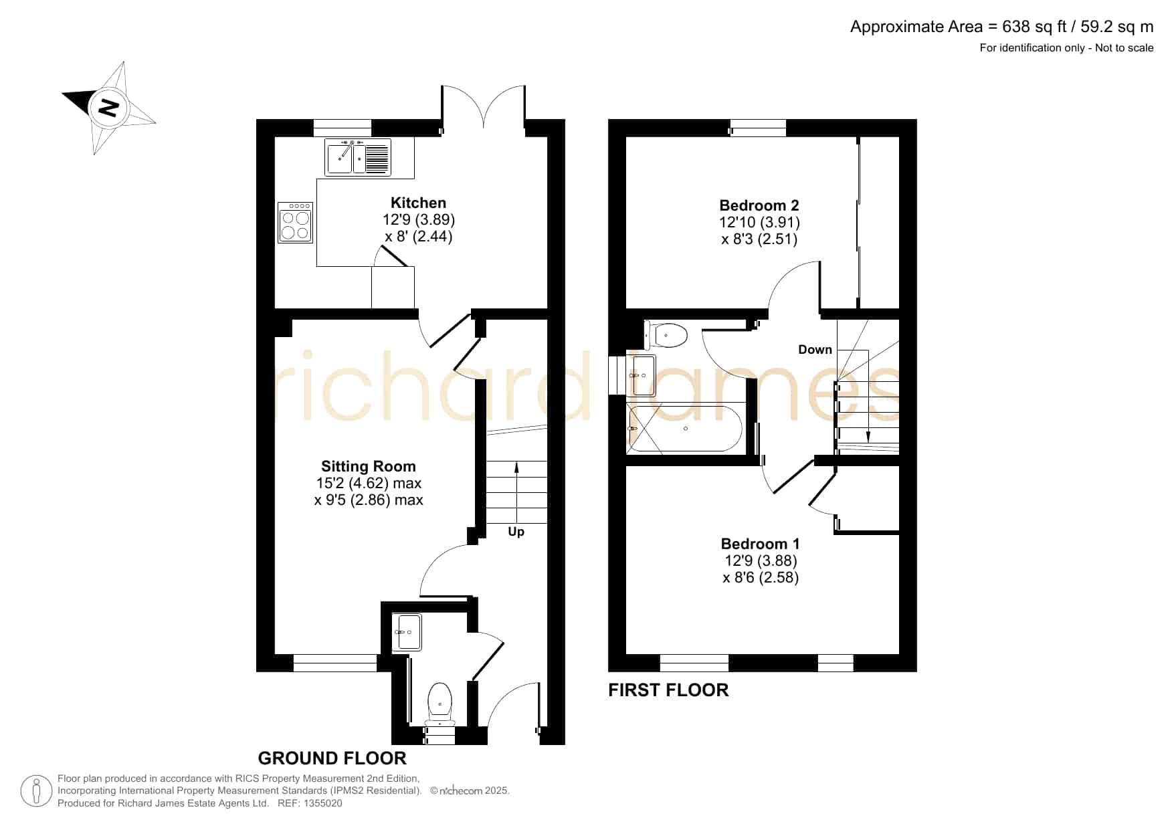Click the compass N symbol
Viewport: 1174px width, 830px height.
(108, 108)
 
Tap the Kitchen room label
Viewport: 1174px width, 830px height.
(418, 203)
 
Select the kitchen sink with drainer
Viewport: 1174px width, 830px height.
(358, 158)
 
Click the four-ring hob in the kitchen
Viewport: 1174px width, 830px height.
(295, 223)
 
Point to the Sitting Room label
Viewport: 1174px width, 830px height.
(369, 466)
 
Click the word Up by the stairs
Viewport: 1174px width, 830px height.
(516, 532)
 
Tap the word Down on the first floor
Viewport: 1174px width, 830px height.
(815, 349)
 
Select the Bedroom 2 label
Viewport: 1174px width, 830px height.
(759, 205)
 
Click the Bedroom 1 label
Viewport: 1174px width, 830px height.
(760, 544)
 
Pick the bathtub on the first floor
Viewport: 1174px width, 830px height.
(684, 429)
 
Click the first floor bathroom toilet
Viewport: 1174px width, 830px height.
(666, 335)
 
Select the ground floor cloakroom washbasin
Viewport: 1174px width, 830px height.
(407, 632)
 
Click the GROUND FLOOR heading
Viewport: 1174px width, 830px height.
(332, 758)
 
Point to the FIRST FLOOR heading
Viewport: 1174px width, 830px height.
(668, 690)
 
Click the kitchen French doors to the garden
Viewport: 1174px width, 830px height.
(483, 107)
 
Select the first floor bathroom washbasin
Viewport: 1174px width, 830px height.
(644, 375)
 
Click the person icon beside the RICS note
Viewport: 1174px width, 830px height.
(37, 791)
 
